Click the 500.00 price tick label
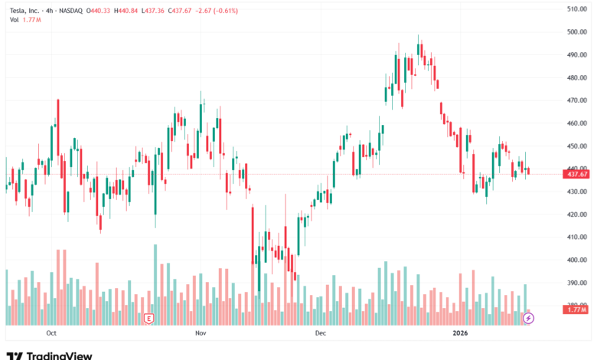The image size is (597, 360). click(576, 32)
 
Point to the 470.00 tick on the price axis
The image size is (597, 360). click(576, 100)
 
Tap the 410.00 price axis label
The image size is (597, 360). click(576, 237)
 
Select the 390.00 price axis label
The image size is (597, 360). click(576, 283)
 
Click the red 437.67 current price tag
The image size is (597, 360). click(576, 174)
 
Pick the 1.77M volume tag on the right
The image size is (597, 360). click(576, 309)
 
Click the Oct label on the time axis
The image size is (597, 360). click(52, 333)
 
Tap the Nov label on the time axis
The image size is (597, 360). click(201, 333)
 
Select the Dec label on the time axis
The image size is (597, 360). click(320, 333)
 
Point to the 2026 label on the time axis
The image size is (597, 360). click(460, 333)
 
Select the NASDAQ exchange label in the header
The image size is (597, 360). click(74, 9)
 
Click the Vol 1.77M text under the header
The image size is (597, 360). click(25, 19)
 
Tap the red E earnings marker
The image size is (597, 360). click(149, 317)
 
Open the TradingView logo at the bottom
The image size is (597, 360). click(49, 355)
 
